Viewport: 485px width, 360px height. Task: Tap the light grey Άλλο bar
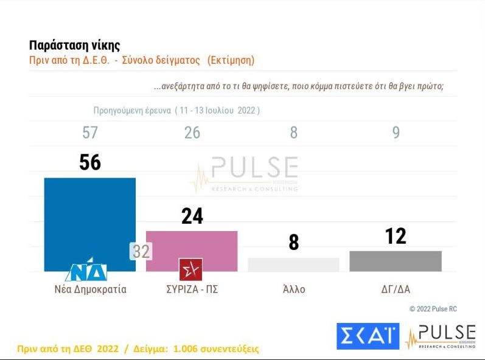click(293, 265)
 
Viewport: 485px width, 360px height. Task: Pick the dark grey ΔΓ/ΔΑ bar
click(396, 261)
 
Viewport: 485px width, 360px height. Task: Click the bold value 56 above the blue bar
click(90, 162)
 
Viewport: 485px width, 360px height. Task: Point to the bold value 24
click(192, 216)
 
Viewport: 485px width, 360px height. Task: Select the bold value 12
click(396, 237)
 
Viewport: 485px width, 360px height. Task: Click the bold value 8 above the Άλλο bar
click(294, 243)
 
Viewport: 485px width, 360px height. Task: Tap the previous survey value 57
click(90, 133)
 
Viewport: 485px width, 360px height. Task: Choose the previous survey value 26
click(192, 133)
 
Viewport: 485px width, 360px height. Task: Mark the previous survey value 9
click(396, 133)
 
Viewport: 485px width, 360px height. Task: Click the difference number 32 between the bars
click(141, 251)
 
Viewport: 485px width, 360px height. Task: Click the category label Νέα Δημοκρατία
click(90, 289)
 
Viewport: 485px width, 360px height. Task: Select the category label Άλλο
click(294, 289)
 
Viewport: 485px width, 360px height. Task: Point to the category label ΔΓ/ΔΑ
click(396, 289)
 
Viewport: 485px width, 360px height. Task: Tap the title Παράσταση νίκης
click(74, 46)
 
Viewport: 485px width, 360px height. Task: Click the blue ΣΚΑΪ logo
click(368, 336)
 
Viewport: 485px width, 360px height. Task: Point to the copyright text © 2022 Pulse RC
click(433, 309)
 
